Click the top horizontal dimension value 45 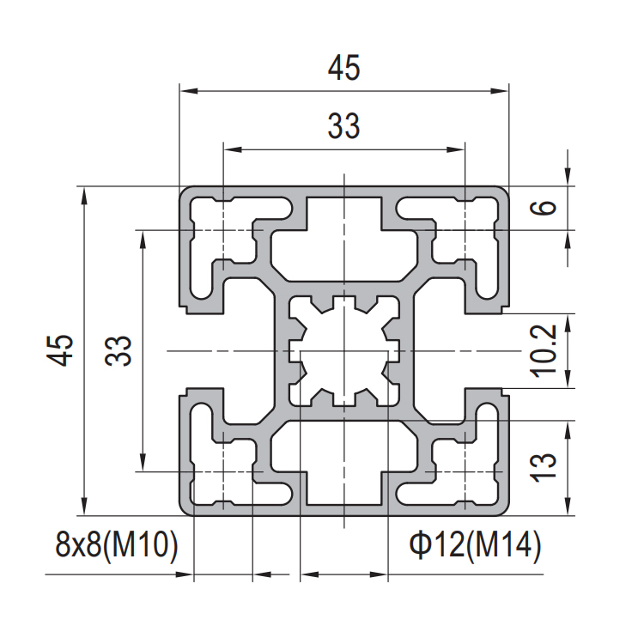pyautogui.click(x=343, y=68)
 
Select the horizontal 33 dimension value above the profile pyautogui.click(x=343, y=125)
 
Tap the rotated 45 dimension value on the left pyautogui.click(x=60, y=350)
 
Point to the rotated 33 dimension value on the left pyautogui.click(x=118, y=350)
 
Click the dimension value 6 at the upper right pyautogui.click(x=544, y=207)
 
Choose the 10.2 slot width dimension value pyautogui.click(x=544, y=350)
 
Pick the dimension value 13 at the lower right pyautogui.click(x=544, y=467)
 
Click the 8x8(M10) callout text pyautogui.click(x=117, y=545)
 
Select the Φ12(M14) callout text pyautogui.click(x=475, y=545)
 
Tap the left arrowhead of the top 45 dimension pyautogui.click(x=189, y=91)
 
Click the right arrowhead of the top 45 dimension pyautogui.click(x=500, y=91)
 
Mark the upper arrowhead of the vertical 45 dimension pyautogui.click(x=84, y=196)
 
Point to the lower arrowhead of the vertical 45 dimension pyautogui.click(x=84, y=506)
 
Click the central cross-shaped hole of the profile pyautogui.click(x=344, y=350)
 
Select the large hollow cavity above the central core pyautogui.click(x=344, y=240)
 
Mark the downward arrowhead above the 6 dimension pyautogui.click(x=568, y=177)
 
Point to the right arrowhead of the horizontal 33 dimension pyautogui.click(x=456, y=150)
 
